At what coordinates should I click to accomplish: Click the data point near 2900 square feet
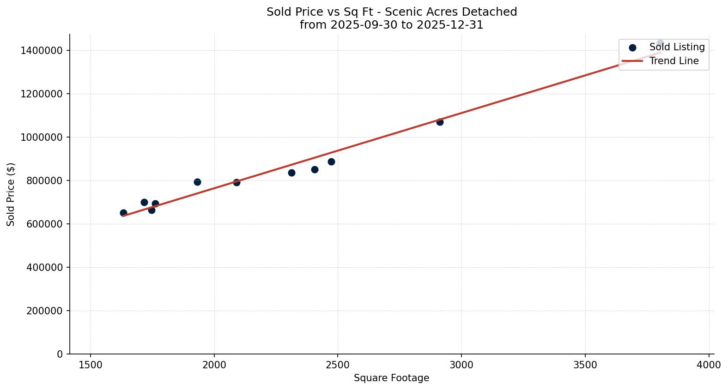[x=440, y=122]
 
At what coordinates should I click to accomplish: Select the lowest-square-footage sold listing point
[x=123, y=213]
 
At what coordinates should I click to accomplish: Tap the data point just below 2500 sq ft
[x=331, y=162]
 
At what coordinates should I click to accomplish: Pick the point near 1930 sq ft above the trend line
[x=197, y=182]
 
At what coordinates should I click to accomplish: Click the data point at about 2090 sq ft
[x=237, y=182]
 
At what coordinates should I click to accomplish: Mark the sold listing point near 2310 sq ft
[x=291, y=173]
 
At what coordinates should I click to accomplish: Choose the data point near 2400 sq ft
[x=315, y=169]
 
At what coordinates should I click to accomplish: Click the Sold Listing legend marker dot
[x=632, y=48]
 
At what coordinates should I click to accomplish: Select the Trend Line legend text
[x=673, y=61]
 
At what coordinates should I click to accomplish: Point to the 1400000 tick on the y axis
[x=42, y=50]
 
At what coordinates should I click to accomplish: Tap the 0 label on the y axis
[x=60, y=354]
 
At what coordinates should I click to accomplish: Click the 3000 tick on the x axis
[x=461, y=365]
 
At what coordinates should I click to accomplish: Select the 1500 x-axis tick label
[x=91, y=365]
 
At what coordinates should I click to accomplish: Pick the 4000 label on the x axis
[x=709, y=365]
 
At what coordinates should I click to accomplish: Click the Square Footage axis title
[x=391, y=378]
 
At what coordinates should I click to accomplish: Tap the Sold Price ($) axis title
[x=11, y=194]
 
